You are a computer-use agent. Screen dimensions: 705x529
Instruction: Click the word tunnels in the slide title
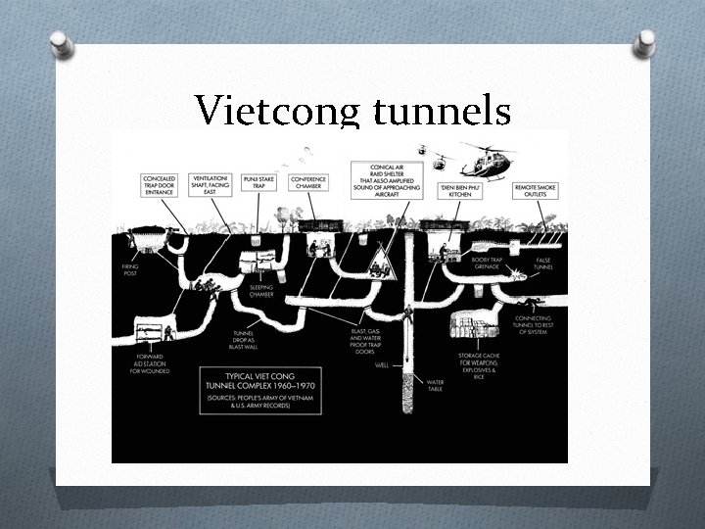click(442, 112)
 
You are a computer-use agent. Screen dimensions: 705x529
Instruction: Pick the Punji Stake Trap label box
click(263, 183)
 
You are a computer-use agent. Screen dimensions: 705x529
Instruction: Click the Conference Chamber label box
click(308, 183)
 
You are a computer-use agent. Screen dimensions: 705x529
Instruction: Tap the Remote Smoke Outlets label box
click(535, 187)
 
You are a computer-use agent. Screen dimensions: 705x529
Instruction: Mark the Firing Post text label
click(130, 268)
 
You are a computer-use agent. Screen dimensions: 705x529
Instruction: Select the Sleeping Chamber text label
click(261, 291)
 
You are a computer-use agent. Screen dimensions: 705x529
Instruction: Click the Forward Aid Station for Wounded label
click(154, 364)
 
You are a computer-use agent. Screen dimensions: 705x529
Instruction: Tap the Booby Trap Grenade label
click(487, 263)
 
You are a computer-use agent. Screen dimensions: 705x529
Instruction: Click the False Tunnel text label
click(543, 263)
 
